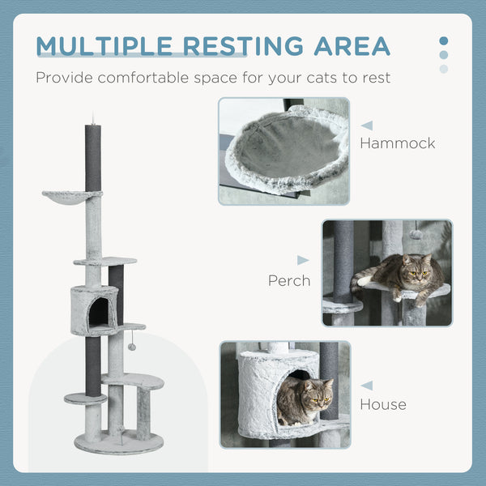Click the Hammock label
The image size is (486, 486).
click(x=397, y=143)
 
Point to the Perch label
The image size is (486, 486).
click(x=289, y=281)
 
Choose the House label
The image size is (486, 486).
click(x=383, y=404)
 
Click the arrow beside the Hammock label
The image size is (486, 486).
click(x=367, y=126)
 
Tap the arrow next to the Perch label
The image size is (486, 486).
click(x=303, y=260)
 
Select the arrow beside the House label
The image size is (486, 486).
click(x=367, y=386)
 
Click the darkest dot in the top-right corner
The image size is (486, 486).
click(x=443, y=40)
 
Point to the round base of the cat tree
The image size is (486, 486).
click(x=118, y=441)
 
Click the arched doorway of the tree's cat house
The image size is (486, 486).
click(x=99, y=313)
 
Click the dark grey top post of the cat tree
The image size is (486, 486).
click(x=91, y=157)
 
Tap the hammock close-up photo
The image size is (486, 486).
click(x=283, y=151)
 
